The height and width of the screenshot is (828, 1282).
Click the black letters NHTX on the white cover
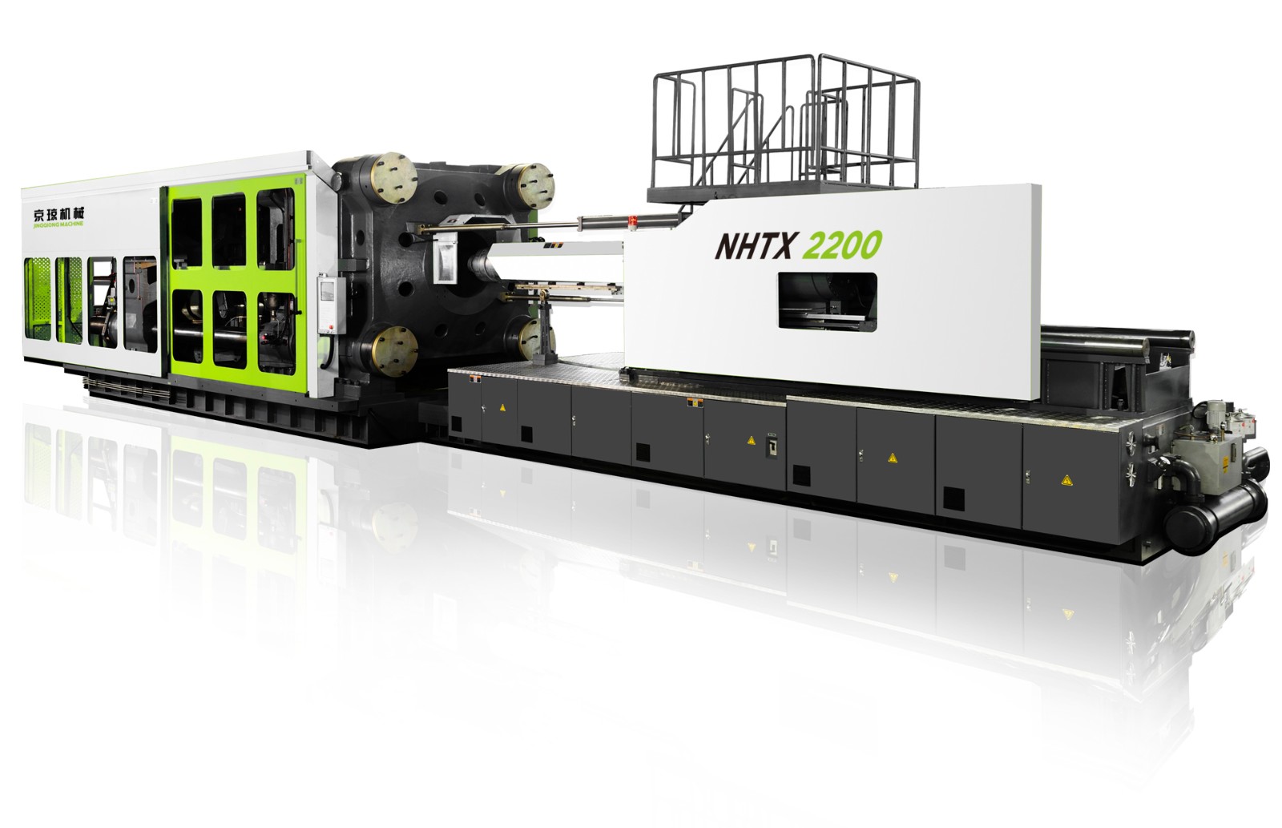755,245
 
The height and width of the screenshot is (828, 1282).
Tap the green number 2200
842,245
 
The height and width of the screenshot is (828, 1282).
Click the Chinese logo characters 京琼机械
59,213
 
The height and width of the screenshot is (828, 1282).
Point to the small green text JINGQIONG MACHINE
59,224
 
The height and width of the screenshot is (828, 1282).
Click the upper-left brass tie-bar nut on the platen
393,178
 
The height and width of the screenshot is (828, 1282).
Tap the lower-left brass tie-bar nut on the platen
394,350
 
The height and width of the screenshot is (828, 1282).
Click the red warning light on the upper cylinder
633,218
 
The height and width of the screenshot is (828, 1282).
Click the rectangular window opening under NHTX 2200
827,301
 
